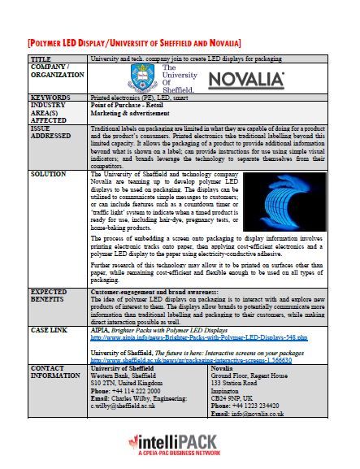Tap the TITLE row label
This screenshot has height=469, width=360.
click(x=41, y=60)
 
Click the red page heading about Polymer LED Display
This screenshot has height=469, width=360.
click(x=134, y=41)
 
